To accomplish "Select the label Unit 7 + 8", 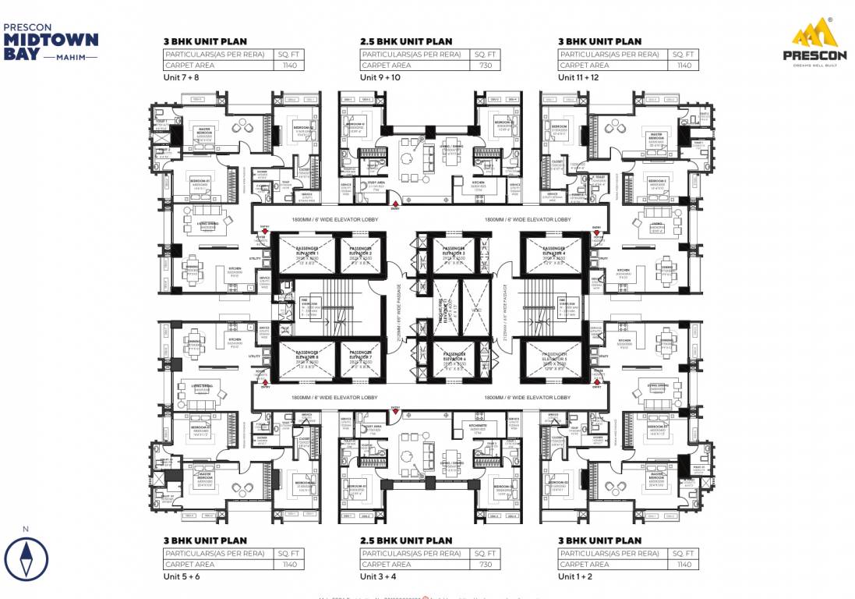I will click(181, 78).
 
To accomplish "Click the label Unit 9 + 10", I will click(380, 78).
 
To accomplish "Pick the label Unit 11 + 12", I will click(579, 78).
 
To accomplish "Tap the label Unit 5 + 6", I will click(181, 576).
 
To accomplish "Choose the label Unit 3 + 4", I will click(379, 576).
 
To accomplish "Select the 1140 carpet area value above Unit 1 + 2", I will click(684, 564).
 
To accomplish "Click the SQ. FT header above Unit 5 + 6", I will click(288, 553).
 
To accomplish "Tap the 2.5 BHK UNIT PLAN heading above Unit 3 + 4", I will click(405, 541).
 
